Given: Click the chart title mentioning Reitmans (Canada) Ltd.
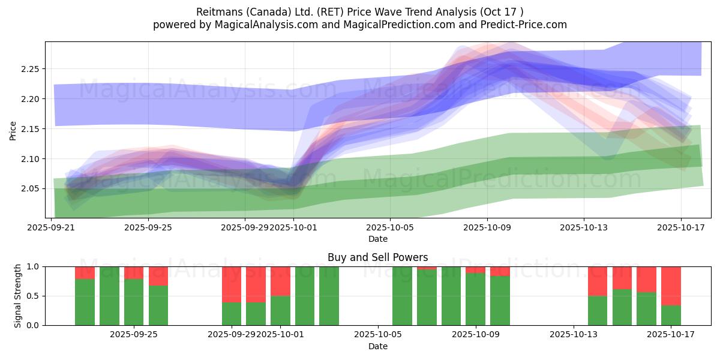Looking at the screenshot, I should [x=360, y=11].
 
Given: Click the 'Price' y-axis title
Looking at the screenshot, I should [x=13, y=130].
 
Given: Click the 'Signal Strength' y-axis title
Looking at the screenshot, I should [x=18, y=296].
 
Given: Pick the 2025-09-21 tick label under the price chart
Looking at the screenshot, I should [x=51, y=227].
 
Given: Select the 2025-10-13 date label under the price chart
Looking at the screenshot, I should [x=584, y=227].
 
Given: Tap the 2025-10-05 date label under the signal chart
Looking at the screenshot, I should [x=378, y=335].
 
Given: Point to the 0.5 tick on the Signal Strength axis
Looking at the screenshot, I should [x=34, y=296].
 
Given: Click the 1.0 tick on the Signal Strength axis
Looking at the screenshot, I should [x=34, y=266].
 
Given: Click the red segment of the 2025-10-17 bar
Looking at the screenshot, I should [x=671, y=286].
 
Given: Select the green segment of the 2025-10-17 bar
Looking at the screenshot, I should [x=671, y=316].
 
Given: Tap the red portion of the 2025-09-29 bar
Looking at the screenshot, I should [x=232, y=284].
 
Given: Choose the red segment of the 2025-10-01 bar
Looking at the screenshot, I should [x=280, y=281].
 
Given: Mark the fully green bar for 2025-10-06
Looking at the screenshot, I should [x=403, y=296].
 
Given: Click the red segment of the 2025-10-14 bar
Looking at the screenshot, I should [x=598, y=281].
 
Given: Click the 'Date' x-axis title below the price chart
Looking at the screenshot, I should [x=378, y=239].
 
